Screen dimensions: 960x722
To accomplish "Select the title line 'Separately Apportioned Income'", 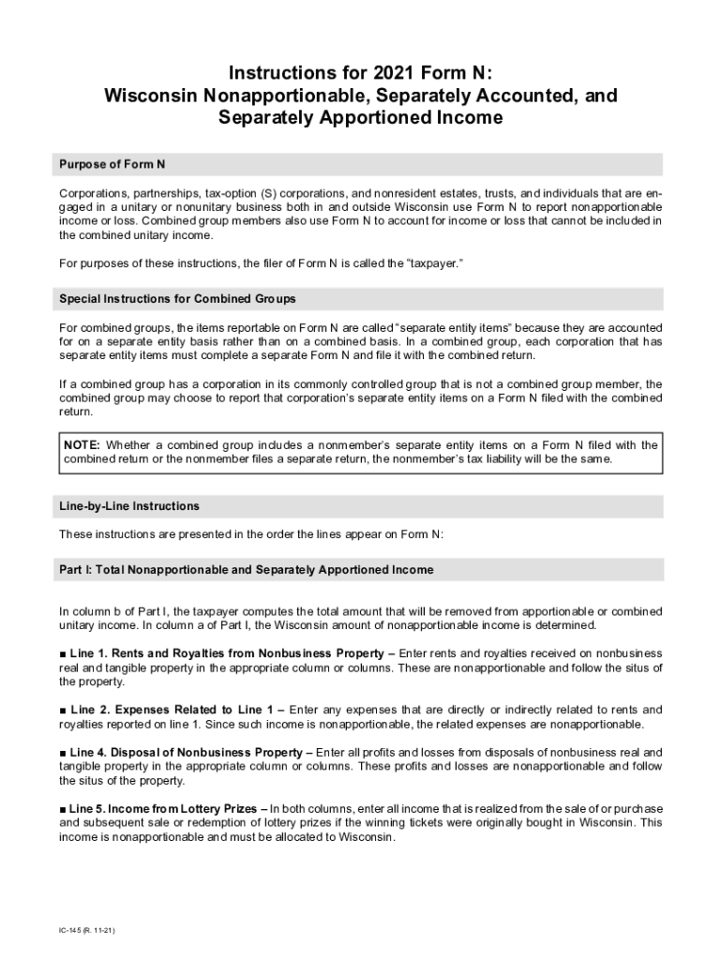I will [x=360, y=118].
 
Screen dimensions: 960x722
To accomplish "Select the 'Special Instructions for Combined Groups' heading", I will [x=177, y=299].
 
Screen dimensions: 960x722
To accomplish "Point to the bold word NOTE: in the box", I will [x=83, y=444].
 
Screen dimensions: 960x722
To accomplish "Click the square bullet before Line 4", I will [x=63, y=753].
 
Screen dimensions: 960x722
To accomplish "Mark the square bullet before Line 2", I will [x=63, y=710].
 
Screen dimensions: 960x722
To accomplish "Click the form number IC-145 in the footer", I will [x=71, y=931].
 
